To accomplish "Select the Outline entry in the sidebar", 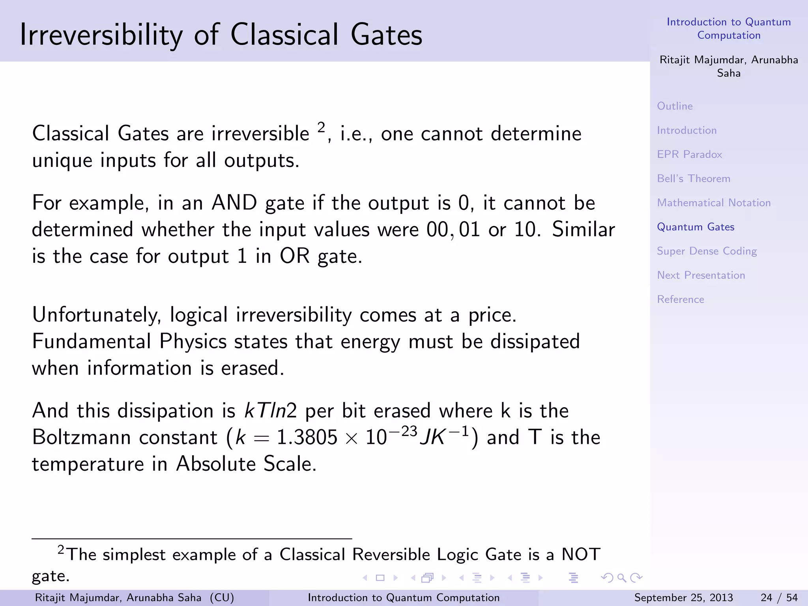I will coord(675,106).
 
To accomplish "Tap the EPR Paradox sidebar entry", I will coord(689,154).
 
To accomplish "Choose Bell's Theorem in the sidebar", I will coord(693,179).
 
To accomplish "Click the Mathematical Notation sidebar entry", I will coord(713,203).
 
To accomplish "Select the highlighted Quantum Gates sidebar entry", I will coord(695,227).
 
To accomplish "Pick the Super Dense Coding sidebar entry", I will coord(706,251).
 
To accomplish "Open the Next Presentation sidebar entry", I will coord(701,275).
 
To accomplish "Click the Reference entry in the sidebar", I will coord(680,299).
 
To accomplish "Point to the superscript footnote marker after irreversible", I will coord(321,127).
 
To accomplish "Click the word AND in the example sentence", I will coord(234,203).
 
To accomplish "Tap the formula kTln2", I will coord(270,411).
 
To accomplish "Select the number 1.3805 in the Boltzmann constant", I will coord(307,438).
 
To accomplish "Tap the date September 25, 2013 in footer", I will coord(683,598).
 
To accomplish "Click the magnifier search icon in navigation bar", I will coord(621,578).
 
